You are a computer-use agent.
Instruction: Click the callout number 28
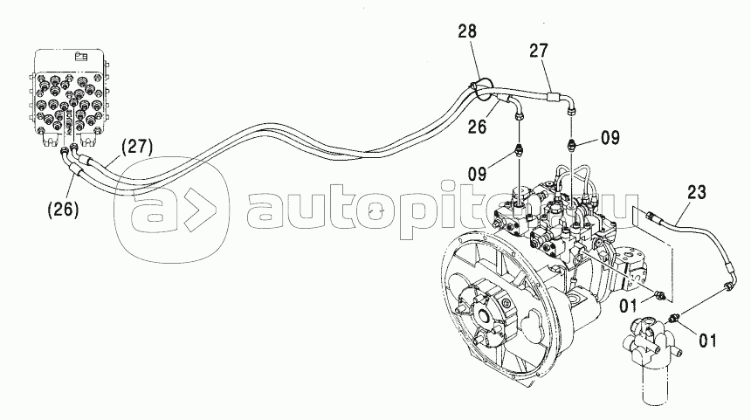[x=467, y=31]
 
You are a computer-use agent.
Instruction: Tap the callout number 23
[x=697, y=192]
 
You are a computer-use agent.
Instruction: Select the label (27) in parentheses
[x=136, y=147]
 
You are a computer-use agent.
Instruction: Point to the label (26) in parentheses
[x=63, y=210]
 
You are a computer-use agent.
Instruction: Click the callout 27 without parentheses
[x=538, y=51]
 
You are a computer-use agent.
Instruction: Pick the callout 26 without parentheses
[x=477, y=127]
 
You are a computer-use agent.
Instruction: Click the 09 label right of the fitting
[x=610, y=138]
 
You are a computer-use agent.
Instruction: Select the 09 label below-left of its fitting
[x=478, y=174]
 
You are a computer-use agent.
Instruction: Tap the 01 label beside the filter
[x=707, y=341]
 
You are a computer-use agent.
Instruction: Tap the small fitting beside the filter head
[x=675, y=317]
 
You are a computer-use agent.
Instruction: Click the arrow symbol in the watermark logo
[x=194, y=210]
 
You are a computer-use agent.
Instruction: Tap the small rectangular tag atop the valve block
[x=81, y=58]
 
